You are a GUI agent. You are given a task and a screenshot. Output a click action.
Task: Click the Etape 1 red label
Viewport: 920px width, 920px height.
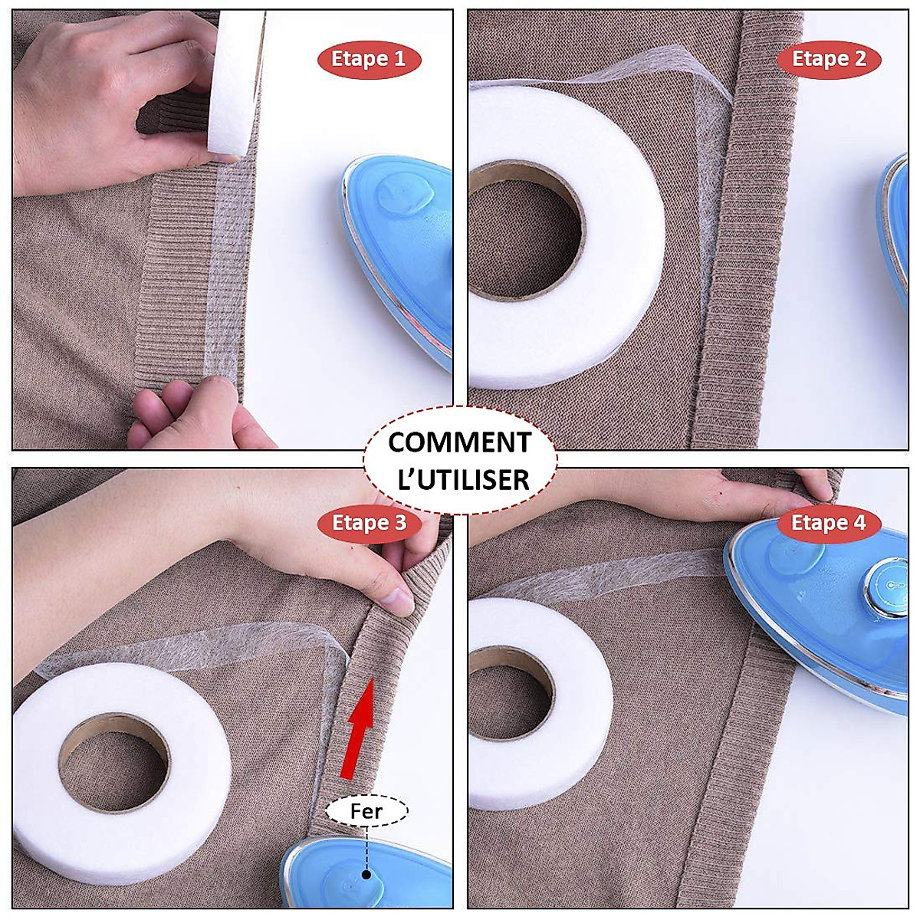click(x=369, y=59)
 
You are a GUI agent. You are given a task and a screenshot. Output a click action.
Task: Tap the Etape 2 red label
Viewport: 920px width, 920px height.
click(x=829, y=59)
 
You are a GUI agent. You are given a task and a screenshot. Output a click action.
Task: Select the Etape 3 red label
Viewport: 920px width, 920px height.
click(x=369, y=524)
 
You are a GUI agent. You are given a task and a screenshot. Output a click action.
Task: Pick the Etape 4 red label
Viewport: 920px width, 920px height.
click(x=829, y=524)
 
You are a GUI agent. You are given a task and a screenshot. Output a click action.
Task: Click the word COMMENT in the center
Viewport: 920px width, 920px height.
click(x=459, y=443)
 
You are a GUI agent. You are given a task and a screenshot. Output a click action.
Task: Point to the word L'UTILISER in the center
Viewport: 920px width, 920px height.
click(x=459, y=480)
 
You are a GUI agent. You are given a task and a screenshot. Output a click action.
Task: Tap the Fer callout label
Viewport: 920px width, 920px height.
click(x=366, y=811)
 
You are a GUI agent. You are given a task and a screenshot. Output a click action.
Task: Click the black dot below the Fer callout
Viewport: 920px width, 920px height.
click(x=367, y=874)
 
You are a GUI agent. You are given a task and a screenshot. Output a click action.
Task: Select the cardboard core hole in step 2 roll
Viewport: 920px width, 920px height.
click(x=524, y=229)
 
